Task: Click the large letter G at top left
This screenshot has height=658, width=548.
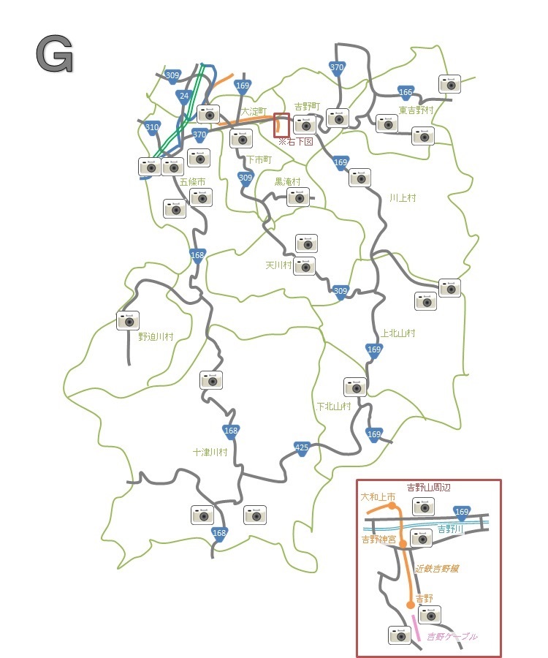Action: point(54,55)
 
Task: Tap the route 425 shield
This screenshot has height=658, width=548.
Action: point(302,447)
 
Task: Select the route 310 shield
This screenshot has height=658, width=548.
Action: point(151,128)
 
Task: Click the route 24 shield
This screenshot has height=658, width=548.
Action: point(183,96)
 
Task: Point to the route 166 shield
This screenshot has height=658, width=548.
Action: point(406,92)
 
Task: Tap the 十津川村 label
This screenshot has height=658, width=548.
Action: point(210,453)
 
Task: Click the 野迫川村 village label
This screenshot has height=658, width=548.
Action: point(156,337)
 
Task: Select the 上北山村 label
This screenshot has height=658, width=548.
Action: point(398,333)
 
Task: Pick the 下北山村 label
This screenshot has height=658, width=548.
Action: point(334,406)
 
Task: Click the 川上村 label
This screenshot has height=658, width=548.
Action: point(403,198)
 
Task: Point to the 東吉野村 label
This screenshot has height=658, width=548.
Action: point(416,110)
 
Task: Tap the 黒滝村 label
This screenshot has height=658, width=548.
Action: point(287,181)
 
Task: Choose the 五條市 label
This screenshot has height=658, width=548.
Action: point(192,181)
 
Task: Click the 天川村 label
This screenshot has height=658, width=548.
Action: point(278,265)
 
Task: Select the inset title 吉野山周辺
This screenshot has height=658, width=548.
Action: point(430,488)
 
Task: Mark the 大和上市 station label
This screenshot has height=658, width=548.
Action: point(377,496)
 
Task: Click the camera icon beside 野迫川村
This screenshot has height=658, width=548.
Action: point(128,320)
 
